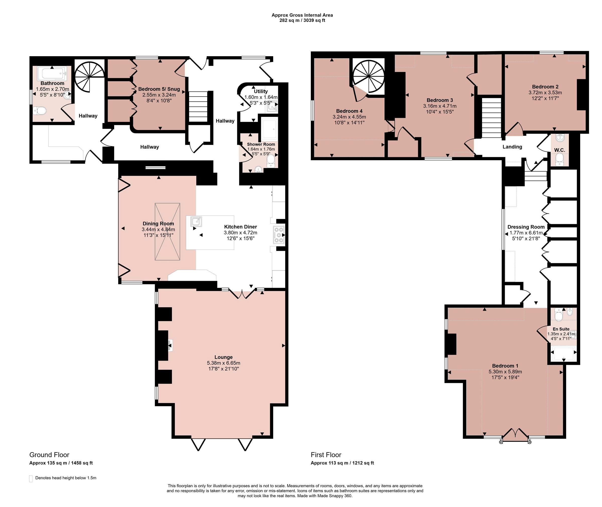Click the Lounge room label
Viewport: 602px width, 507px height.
(x=223, y=357)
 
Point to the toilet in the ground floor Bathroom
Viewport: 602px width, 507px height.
(x=39, y=111)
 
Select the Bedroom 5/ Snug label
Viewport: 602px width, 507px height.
(x=159, y=89)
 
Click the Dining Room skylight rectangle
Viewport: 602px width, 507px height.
(x=167, y=232)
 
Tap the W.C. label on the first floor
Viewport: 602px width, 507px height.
(x=559, y=150)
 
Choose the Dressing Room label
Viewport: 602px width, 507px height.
(x=526, y=227)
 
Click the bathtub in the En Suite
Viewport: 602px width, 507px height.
(x=563, y=354)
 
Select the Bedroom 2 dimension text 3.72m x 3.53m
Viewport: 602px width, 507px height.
(x=545, y=93)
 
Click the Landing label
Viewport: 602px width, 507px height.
(x=512, y=147)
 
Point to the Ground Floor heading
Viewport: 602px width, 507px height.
(x=49, y=455)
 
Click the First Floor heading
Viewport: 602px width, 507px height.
(x=326, y=455)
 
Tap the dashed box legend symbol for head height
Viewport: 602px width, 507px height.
(x=31, y=478)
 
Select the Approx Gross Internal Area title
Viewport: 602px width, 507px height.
(x=302, y=15)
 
